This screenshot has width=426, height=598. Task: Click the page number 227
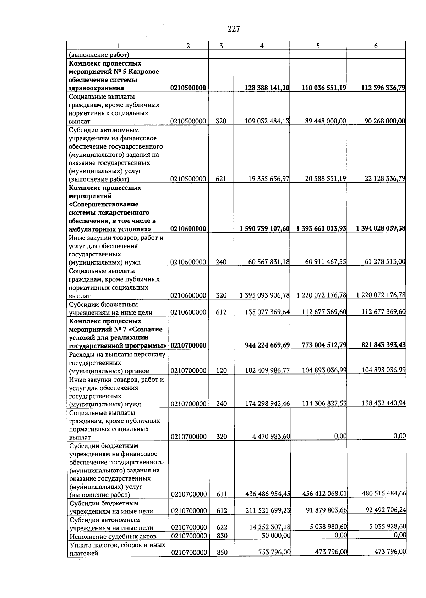coord(234,29)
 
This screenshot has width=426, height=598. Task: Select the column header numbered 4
coord(262,46)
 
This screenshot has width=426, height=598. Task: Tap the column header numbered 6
coord(376,46)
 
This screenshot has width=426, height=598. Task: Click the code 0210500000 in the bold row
coord(188,88)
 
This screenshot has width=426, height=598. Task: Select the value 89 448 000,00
coord(325,121)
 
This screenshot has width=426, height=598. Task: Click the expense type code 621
coord(221,179)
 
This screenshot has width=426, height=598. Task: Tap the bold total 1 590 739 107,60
coord(264,229)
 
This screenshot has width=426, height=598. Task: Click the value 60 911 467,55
coord(325,262)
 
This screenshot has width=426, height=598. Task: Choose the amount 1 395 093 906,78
coord(264,295)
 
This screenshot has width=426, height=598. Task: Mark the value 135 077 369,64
coord(267,312)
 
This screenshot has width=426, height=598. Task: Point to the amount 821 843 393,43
coord(383,345)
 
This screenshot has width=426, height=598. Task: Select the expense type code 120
coord(221,371)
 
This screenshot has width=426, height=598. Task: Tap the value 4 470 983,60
coord(271,437)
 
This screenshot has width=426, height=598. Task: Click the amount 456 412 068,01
coord(324,494)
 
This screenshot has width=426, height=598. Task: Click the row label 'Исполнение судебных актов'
coord(113,536)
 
